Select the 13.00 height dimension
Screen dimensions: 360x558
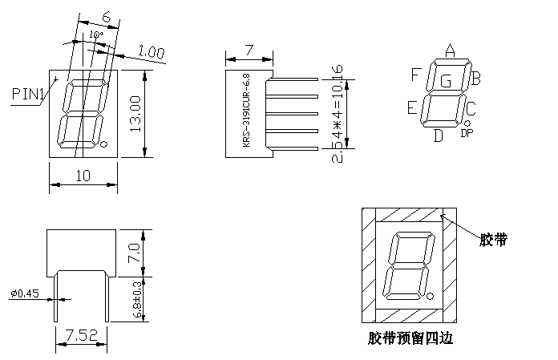point(135,115)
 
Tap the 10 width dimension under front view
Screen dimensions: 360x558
point(83,176)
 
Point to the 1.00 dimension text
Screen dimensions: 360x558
point(151,52)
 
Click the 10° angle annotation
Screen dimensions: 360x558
point(95,36)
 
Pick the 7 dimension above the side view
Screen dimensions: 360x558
point(249,50)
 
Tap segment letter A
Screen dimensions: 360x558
point(450,51)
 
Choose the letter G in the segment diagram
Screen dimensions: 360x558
point(446,80)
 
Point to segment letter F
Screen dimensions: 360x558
point(416,75)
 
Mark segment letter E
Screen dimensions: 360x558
point(412,107)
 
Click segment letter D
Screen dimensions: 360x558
point(438,135)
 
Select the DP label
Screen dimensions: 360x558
point(467,133)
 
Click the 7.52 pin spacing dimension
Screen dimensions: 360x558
point(81,334)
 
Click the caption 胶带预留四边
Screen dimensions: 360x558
point(408,338)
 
